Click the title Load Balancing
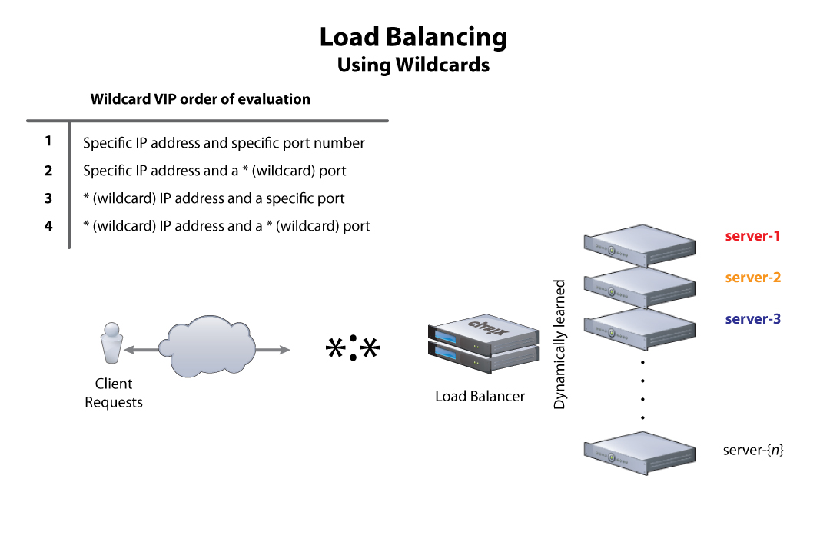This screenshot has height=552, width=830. (413, 37)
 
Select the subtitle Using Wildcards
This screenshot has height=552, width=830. (413, 65)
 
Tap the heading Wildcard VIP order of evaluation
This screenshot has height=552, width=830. (201, 99)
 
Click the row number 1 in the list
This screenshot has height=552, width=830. (48, 141)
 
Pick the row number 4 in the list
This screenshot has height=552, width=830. (48, 226)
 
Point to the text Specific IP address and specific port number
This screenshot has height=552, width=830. (224, 143)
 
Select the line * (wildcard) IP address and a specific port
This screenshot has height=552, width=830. (214, 198)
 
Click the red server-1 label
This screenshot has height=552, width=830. (752, 236)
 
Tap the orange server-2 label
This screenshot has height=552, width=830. (752, 278)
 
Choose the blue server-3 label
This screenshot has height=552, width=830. (752, 319)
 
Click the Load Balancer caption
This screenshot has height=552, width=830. (480, 397)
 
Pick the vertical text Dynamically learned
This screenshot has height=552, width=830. (559, 344)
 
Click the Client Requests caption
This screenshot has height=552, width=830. (114, 393)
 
